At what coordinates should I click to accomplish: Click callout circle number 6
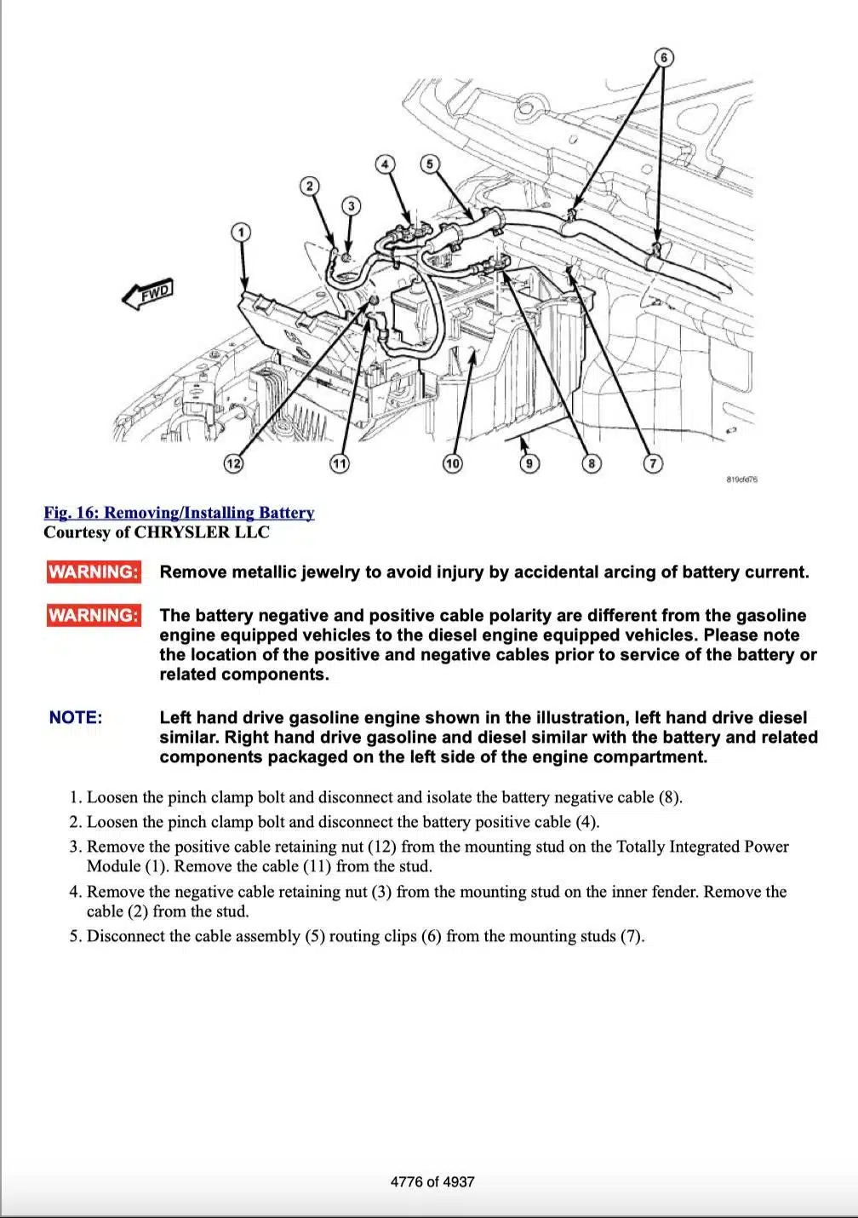point(664,58)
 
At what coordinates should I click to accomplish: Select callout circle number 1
point(241,232)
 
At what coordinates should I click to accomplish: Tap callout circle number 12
point(232,463)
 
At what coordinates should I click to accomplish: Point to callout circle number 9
point(529,463)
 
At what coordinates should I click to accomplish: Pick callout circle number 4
point(386,164)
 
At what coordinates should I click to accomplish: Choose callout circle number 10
point(452,463)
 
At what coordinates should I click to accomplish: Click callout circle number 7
point(652,463)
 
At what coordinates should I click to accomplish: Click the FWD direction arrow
point(148,294)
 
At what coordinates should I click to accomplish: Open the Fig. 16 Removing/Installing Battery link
point(179,513)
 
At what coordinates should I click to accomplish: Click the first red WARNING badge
point(94,572)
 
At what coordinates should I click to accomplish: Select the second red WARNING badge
point(94,615)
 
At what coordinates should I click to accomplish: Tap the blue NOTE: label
point(76,717)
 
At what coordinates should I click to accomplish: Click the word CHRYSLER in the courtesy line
point(182,532)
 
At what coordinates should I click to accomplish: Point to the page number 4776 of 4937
point(432,1181)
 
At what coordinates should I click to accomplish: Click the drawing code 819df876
point(742,480)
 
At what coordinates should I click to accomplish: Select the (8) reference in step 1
point(668,797)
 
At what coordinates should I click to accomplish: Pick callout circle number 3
point(351,206)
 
